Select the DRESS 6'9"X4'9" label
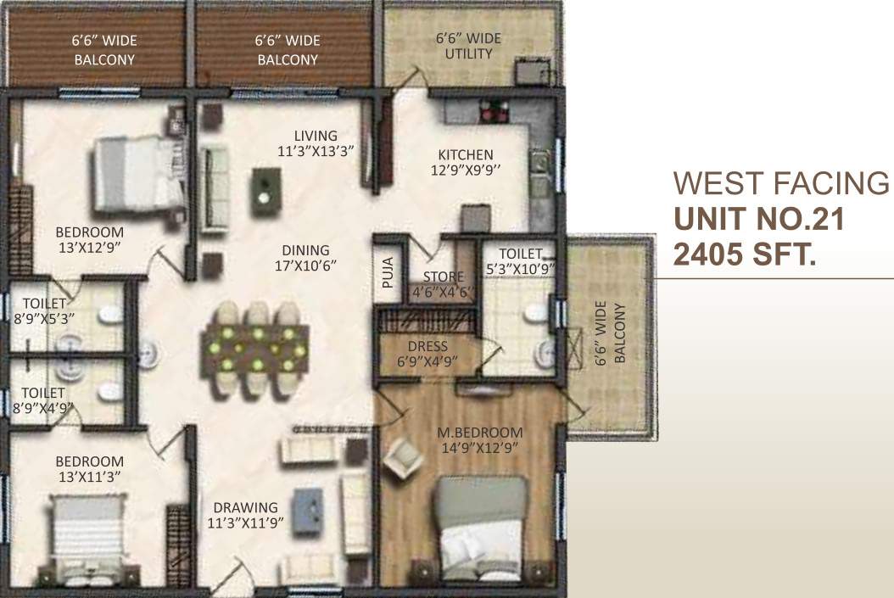tap(427, 353)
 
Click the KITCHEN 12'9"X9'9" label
tap(466, 162)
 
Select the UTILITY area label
tap(464, 46)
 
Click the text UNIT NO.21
tap(758, 220)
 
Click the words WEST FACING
tap(780, 183)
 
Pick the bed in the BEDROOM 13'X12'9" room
tap(136, 173)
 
